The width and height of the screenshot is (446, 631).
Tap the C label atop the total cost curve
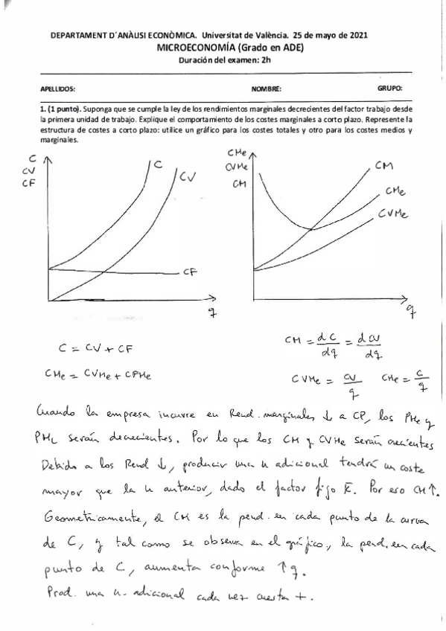tap(158, 164)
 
